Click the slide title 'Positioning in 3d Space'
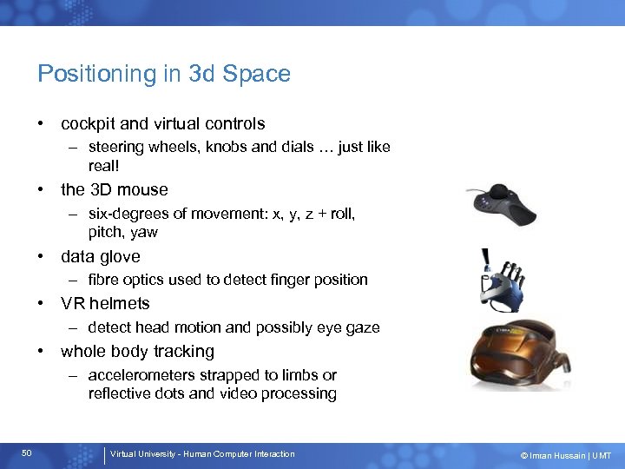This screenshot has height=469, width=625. pyautogui.click(x=164, y=74)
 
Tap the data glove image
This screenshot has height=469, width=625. pyautogui.click(x=503, y=278)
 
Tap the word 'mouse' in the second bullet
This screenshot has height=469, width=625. pyautogui.click(x=142, y=189)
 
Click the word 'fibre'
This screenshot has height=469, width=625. pyautogui.click(x=104, y=280)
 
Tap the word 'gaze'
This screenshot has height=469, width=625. pyautogui.click(x=362, y=327)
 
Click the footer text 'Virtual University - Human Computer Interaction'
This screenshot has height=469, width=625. pyautogui.click(x=202, y=454)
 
